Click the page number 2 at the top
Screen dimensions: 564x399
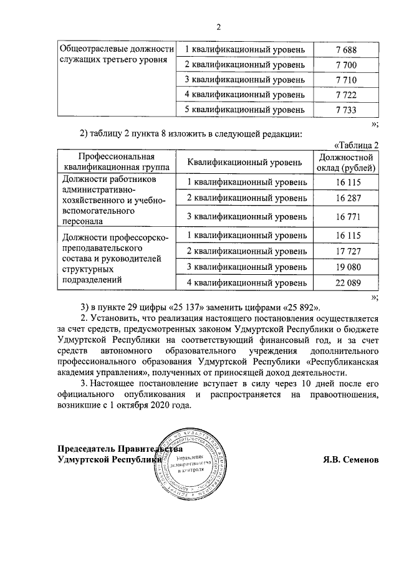click(219, 26)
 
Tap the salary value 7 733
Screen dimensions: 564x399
click(345, 110)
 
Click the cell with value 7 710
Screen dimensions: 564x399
click(345, 79)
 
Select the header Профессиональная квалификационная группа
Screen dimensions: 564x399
click(117, 162)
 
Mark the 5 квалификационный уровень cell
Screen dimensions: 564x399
click(245, 110)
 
